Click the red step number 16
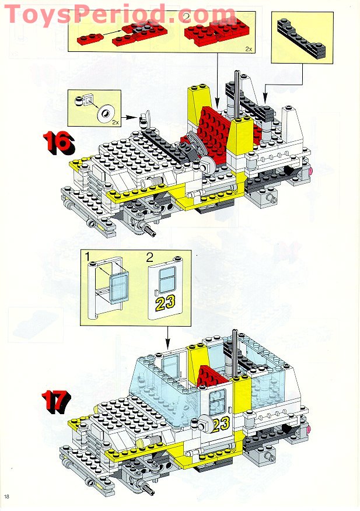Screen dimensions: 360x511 click(x=59, y=143)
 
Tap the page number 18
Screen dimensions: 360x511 click(x=7, y=496)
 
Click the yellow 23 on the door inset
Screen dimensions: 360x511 click(x=165, y=303)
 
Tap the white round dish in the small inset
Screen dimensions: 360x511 click(x=106, y=113)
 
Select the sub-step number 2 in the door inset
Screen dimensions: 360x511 click(x=150, y=258)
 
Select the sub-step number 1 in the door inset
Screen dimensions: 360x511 click(x=87, y=256)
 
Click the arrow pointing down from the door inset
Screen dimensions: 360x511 click(x=167, y=338)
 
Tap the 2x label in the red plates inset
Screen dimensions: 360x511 click(x=249, y=49)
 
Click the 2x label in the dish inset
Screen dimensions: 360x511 click(x=115, y=123)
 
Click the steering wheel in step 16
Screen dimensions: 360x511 click(x=195, y=145)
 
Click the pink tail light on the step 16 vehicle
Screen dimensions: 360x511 click(x=310, y=171)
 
